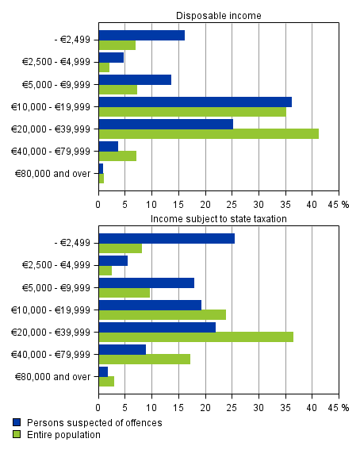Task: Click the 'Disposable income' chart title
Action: [x=218, y=15]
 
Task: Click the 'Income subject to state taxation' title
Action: [x=218, y=218]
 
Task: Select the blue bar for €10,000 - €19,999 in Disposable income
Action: [x=195, y=102]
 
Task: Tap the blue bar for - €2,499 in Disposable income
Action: [x=141, y=35]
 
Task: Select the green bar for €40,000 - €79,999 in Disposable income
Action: [x=117, y=156]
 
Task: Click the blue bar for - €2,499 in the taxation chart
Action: [x=167, y=238]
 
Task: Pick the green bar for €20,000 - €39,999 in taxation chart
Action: [x=196, y=337]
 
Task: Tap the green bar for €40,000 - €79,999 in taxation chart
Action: [x=144, y=359]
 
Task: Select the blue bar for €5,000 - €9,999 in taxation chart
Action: [x=146, y=283]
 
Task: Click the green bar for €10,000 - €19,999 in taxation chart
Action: [x=162, y=315]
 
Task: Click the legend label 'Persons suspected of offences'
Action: [x=94, y=423]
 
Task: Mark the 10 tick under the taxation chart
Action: [x=151, y=407]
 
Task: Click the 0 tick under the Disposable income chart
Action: [x=98, y=203]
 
